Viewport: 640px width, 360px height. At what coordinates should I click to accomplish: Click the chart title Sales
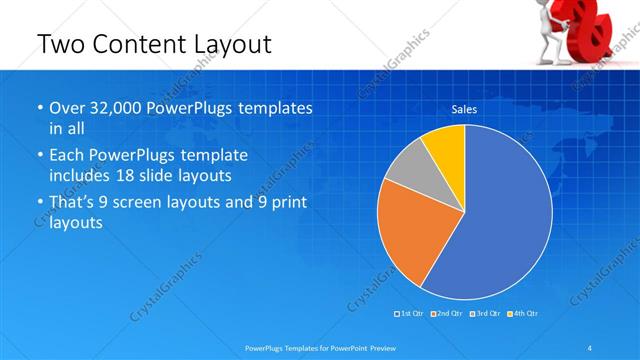(x=464, y=109)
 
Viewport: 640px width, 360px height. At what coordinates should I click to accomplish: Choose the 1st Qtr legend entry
(x=409, y=314)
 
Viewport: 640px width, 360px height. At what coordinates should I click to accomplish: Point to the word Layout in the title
(x=232, y=44)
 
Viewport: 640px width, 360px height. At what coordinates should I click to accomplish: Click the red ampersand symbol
(x=596, y=25)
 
